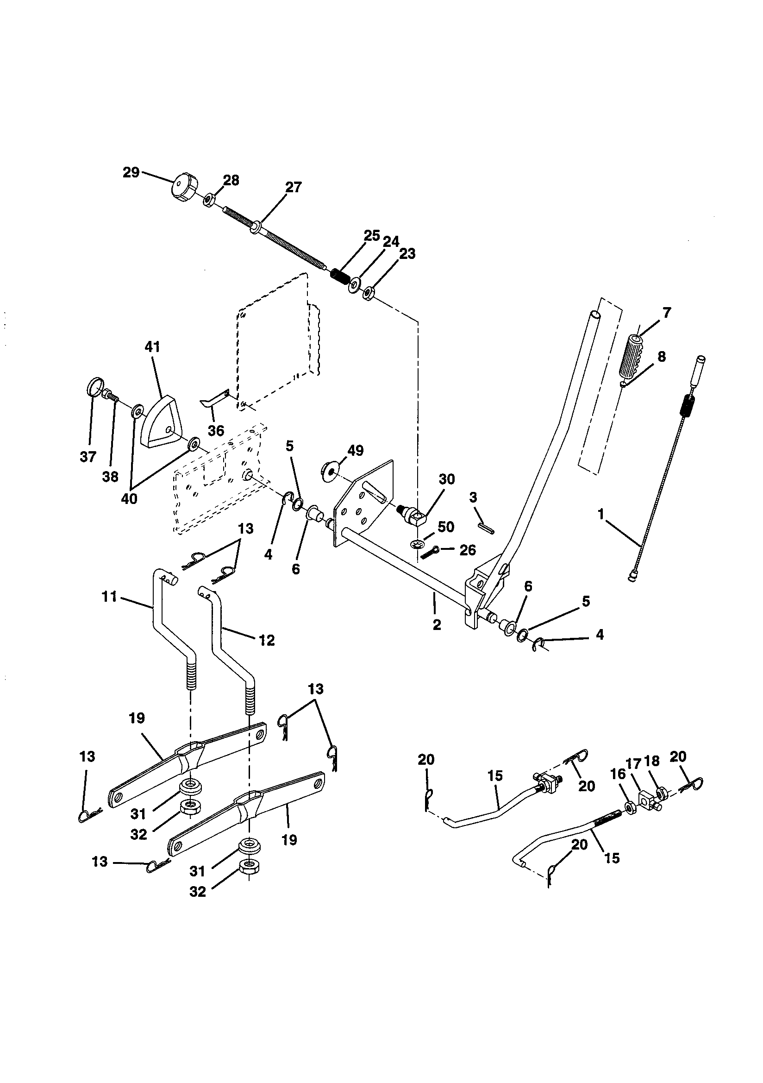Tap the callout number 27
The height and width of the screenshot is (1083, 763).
point(293,187)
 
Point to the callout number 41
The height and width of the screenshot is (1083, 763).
point(152,347)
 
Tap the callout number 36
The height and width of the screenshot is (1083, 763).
point(216,430)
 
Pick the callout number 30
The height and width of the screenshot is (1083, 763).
point(447,479)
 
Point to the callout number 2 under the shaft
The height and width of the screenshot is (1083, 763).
point(437,625)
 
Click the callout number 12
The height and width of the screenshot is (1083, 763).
point(267,640)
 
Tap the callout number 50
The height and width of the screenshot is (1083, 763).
point(446,526)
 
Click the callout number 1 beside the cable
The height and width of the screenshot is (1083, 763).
point(601,514)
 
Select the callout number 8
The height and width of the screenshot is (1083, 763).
point(662,357)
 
